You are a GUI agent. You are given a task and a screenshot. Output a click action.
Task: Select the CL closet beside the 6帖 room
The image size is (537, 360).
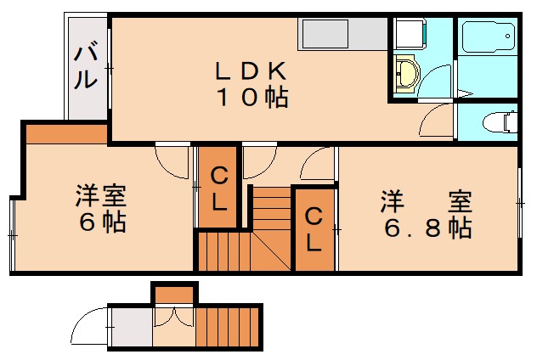pos(218,188)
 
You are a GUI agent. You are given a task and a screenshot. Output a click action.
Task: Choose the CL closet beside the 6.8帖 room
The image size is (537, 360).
pos(314,229)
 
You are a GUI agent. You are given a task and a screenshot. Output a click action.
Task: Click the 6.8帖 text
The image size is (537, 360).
pos(425,228)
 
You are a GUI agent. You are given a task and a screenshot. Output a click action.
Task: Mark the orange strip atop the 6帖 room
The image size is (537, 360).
pos(66,133)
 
